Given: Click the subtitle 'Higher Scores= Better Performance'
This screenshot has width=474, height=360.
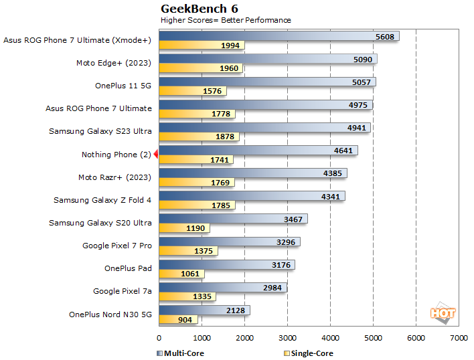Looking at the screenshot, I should pyautogui.click(x=226, y=20).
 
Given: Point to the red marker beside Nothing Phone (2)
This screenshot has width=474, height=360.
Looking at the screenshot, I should pyautogui.click(x=156, y=155).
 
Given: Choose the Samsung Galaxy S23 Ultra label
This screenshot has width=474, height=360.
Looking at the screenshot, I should pyautogui.click(x=100, y=131).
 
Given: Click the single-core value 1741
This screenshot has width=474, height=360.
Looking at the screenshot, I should pyautogui.click(x=219, y=160).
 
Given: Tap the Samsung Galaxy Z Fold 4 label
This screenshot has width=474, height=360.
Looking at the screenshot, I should pyautogui.click(x=102, y=200).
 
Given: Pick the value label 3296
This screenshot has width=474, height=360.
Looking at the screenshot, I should pyautogui.click(x=286, y=242).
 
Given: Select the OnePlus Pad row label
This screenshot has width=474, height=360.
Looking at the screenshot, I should pyautogui.click(x=128, y=269).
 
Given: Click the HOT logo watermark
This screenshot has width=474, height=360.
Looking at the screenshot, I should pyautogui.click(x=442, y=312).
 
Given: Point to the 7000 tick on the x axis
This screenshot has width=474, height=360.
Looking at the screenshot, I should pyautogui.click(x=459, y=338).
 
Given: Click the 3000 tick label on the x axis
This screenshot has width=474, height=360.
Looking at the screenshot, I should pyautogui.click(x=287, y=338).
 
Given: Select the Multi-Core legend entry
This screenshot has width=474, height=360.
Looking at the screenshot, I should pyautogui.click(x=181, y=353).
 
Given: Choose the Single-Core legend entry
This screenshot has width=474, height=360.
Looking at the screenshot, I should pyautogui.click(x=309, y=353).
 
